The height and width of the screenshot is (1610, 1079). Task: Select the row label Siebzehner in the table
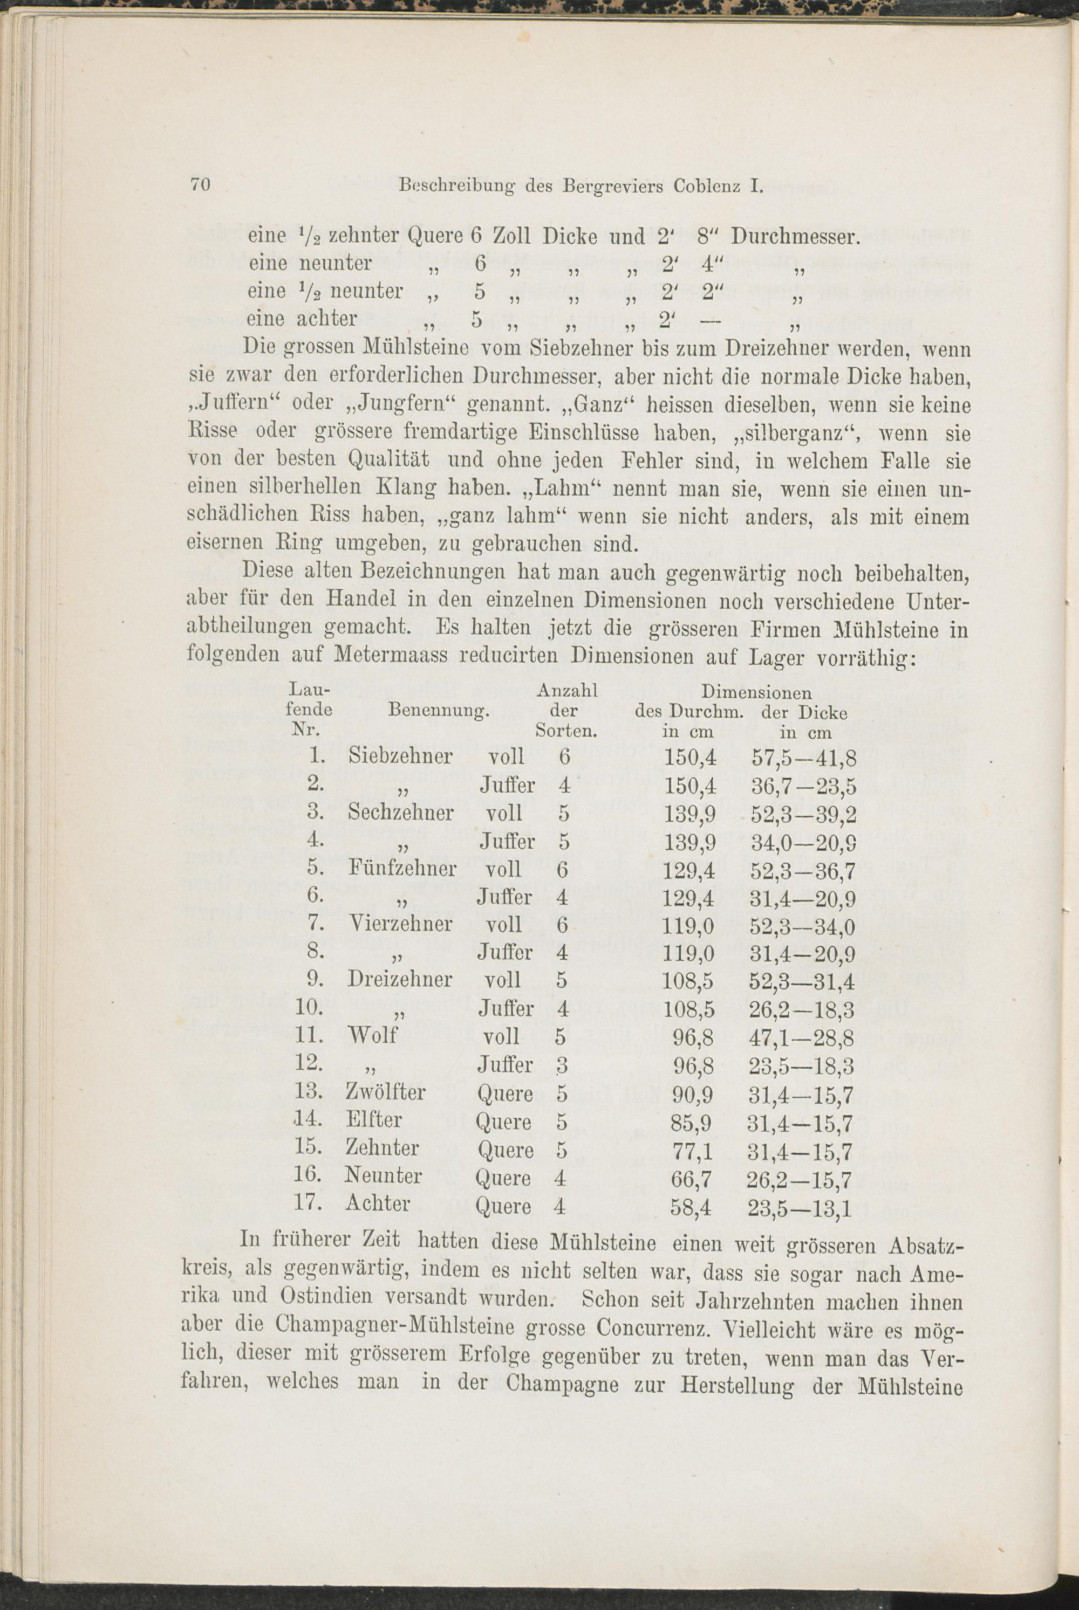400,757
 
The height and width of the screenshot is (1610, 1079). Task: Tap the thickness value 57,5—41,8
804,758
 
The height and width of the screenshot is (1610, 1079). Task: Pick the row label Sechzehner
400,813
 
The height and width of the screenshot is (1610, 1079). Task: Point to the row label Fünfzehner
402,869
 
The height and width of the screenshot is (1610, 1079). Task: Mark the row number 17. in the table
309,1203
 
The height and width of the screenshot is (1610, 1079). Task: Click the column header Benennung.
438,709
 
